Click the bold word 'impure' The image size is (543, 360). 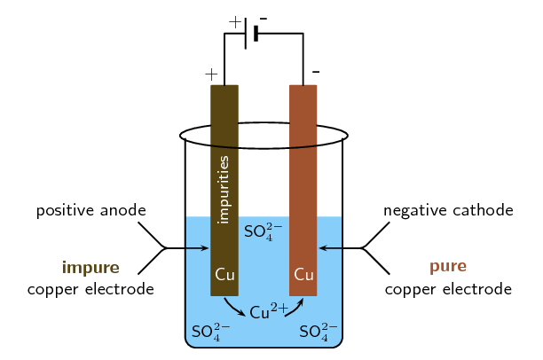(90, 266)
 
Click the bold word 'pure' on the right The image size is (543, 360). (448, 266)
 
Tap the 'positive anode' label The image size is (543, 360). (90, 211)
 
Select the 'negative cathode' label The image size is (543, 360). (448, 211)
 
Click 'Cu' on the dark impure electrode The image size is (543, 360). (224, 275)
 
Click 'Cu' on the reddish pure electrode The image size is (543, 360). (303, 275)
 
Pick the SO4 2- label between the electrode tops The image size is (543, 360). (263, 232)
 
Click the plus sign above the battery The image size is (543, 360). (234, 21)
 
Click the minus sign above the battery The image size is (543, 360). (264, 20)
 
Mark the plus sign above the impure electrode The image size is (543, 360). (211, 73)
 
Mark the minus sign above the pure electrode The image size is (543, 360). (316, 71)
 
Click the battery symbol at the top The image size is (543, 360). (252, 34)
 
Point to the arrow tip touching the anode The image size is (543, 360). (208, 249)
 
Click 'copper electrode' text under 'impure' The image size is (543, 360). (90, 289)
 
